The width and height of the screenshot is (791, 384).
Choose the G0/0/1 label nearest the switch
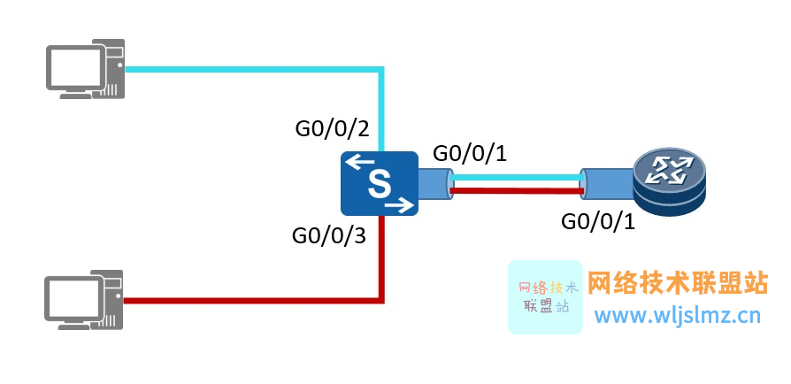tap(469, 153)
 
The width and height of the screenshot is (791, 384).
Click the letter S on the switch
tap(379, 184)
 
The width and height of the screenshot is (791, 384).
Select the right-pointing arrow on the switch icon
tap(399, 206)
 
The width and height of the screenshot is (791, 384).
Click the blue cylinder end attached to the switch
tap(433, 183)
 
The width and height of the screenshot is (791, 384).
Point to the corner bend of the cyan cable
tap(381, 68)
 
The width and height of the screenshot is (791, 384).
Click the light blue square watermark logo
tap(545, 297)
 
